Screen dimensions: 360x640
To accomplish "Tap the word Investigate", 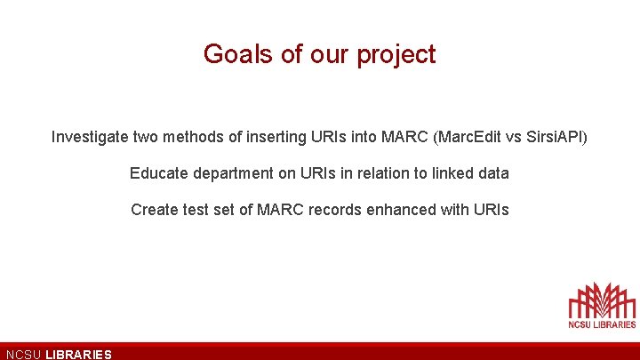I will [x=90, y=138].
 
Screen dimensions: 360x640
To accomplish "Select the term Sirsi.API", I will [x=556, y=138].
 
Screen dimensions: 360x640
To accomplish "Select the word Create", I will [x=153, y=210].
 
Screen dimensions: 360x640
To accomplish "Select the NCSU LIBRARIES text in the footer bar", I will [x=59, y=354].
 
